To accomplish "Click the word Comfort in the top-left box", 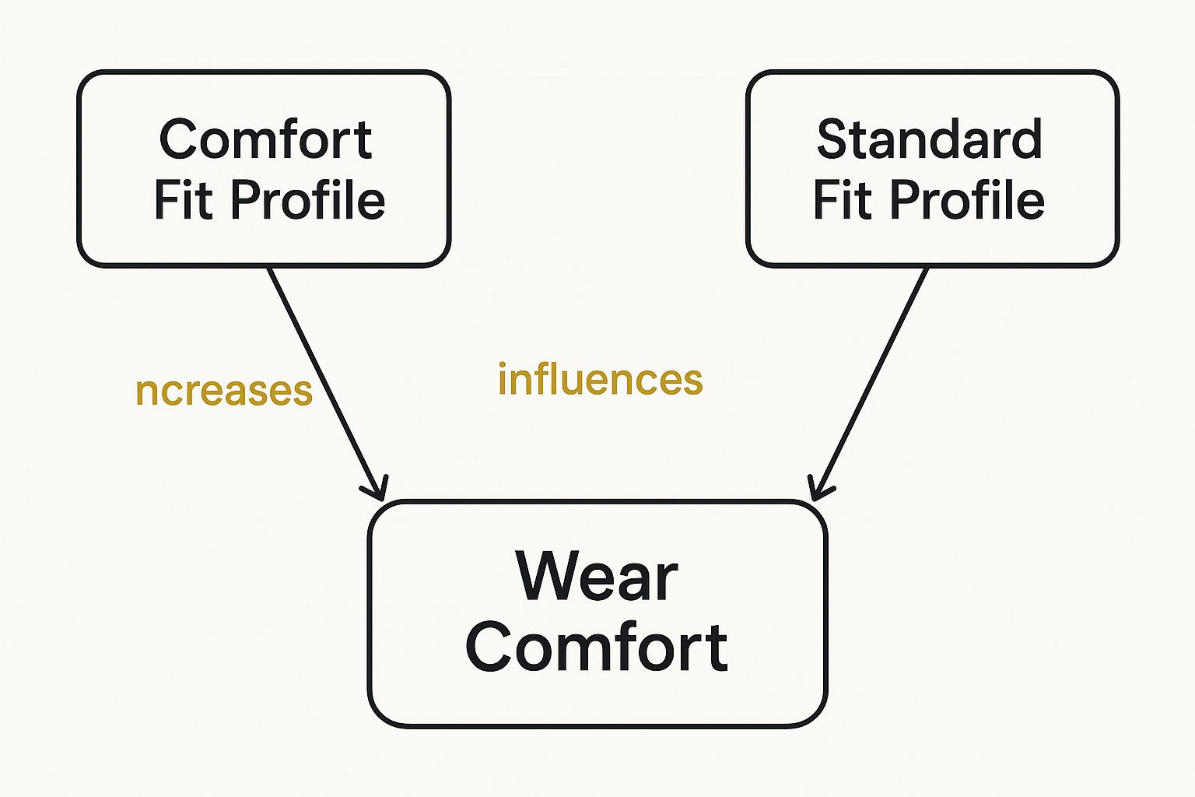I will [x=265, y=140].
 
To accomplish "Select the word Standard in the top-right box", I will [x=929, y=140].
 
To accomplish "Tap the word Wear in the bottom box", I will [x=597, y=577].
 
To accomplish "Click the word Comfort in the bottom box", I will [x=597, y=648].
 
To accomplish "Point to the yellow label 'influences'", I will [x=600, y=380].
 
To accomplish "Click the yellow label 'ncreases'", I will [x=224, y=390].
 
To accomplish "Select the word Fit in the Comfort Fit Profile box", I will [x=183, y=200].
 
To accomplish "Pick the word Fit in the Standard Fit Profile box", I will [x=842, y=200].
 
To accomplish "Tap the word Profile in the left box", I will [x=308, y=200].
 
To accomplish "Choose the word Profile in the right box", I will [x=967, y=200].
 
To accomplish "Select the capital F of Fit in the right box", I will [x=825, y=200].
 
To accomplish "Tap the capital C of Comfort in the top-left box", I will [x=177, y=140].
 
